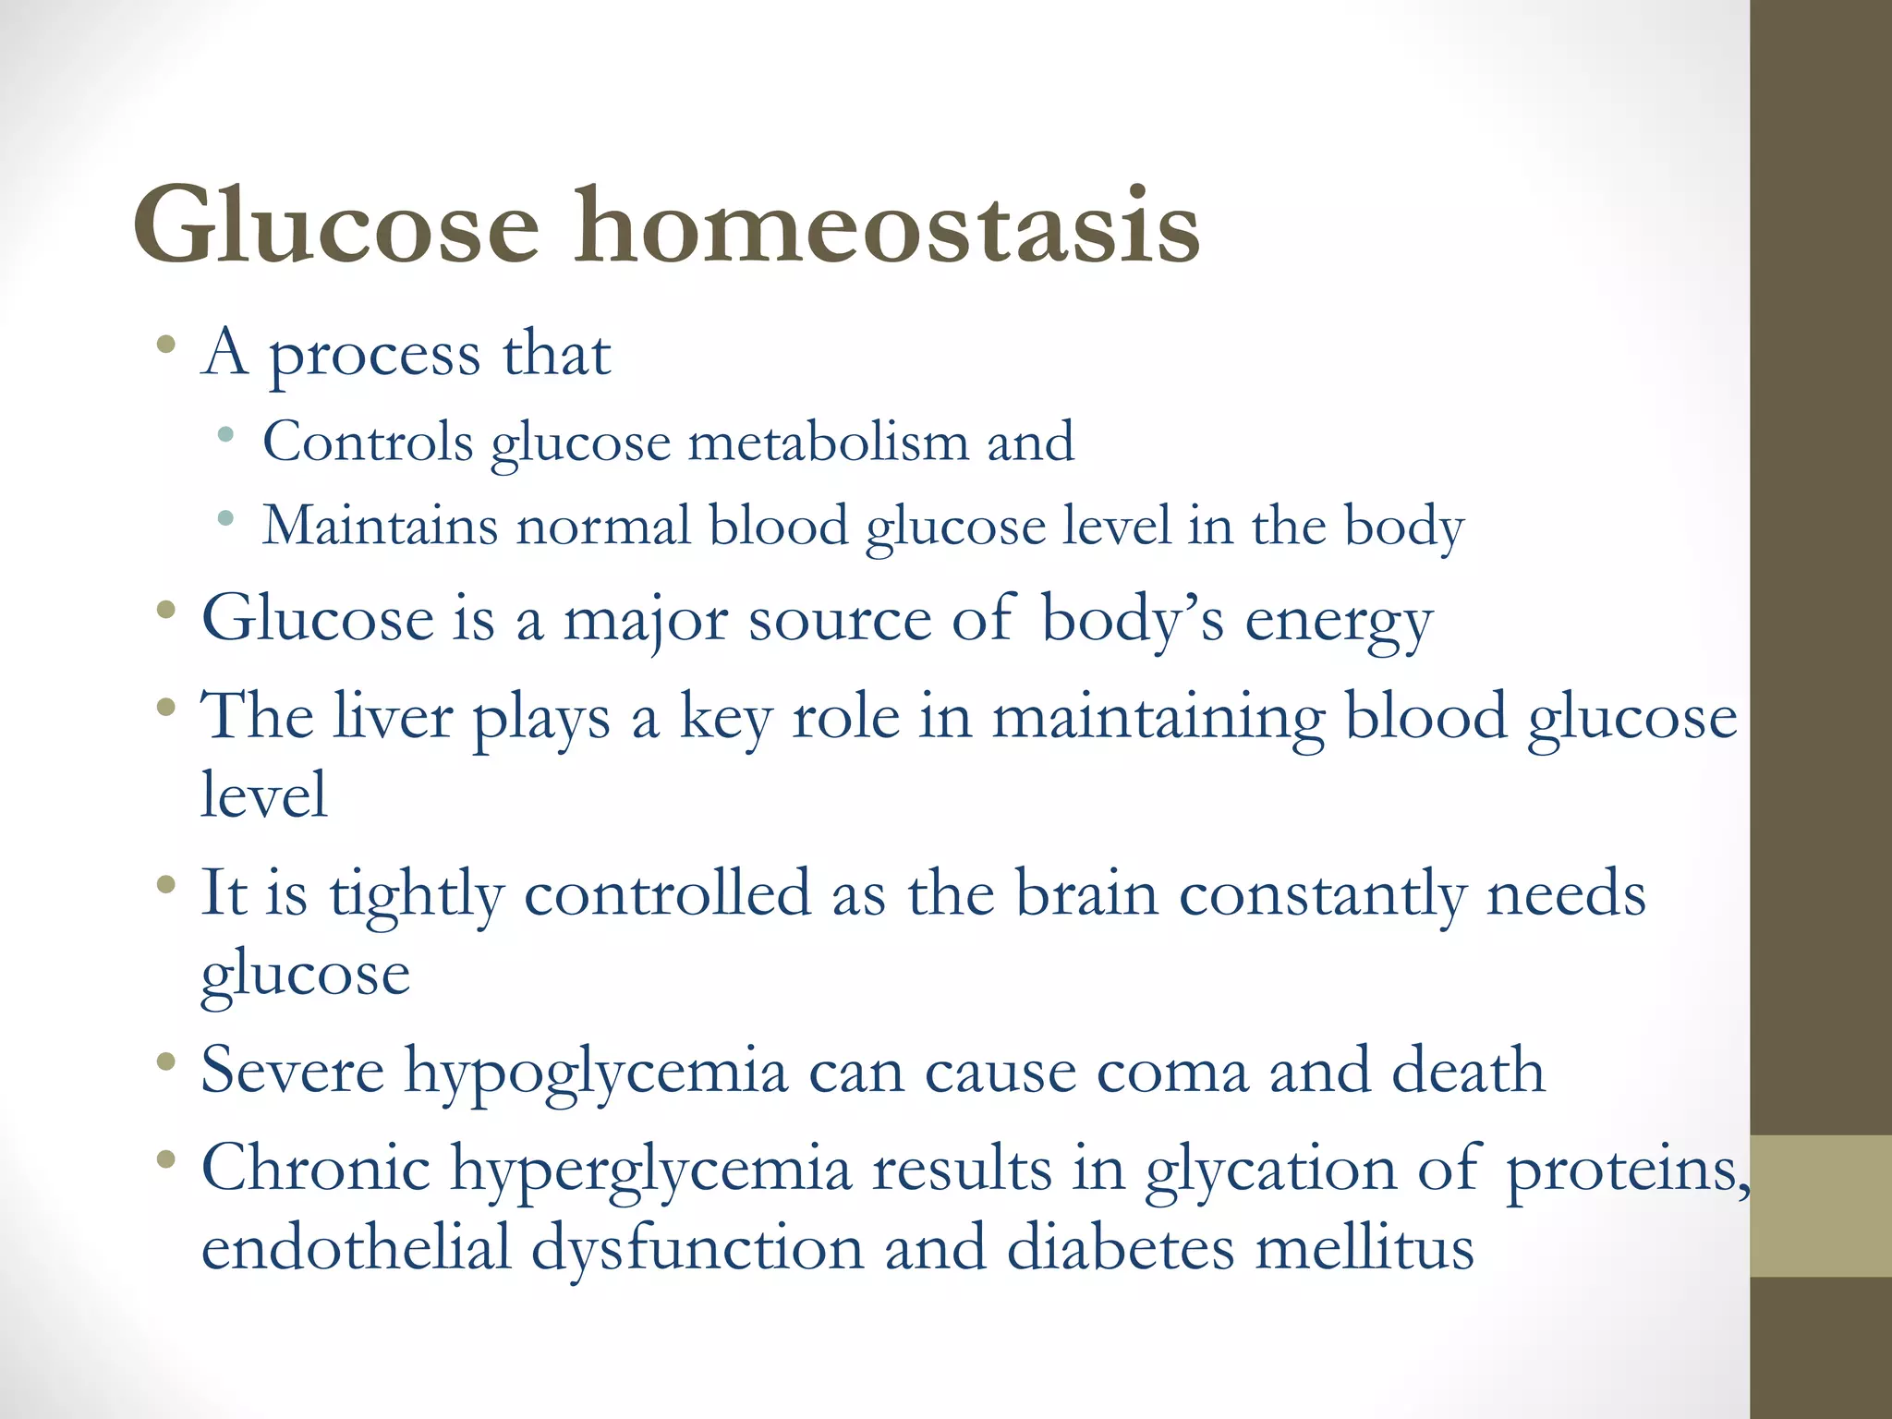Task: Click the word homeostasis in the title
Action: tap(887, 226)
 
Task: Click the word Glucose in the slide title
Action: tap(335, 226)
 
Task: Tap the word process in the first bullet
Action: tap(374, 356)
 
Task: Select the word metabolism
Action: tap(828, 442)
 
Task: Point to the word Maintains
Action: tap(380, 526)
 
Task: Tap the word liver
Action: tap(393, 717)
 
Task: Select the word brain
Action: tap(1086, 894)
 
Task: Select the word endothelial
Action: tap(356, 1248)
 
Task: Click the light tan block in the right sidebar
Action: tap(1821, 1206)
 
